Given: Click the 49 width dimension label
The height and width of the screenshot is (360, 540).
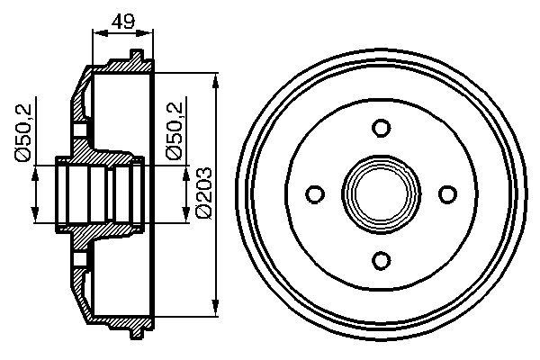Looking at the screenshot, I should click(122, 20).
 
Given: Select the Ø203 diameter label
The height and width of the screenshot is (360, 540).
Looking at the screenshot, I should click(203, 190).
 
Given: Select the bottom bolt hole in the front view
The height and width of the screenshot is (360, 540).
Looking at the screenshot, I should click(381, 260).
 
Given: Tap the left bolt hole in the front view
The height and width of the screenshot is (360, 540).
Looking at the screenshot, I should click(315, 193).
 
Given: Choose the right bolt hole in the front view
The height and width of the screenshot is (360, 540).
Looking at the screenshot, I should click(447, 193).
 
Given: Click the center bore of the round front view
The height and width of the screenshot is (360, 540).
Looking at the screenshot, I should click(381, 193).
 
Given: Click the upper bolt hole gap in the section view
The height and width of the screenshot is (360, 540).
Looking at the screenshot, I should click(80, 130).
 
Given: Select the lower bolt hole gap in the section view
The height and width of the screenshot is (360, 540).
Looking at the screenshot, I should click(80, 261).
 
